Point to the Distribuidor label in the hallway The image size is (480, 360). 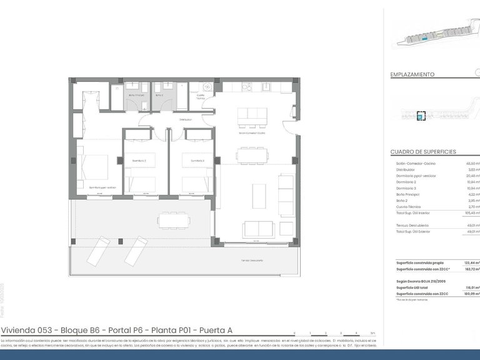point(185,119)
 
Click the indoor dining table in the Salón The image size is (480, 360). point(252,154)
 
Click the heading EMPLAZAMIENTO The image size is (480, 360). point(412,74)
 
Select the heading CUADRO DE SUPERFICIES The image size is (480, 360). point(423,152)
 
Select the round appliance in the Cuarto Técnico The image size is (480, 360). point(211,87)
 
